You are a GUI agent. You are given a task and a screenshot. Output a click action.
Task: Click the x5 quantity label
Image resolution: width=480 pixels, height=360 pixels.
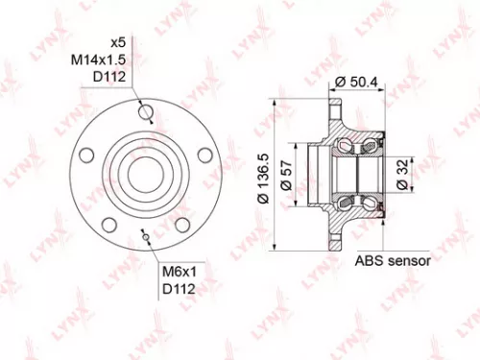[x=118, y=43]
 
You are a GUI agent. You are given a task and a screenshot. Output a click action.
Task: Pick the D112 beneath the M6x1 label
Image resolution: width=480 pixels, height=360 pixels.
[x=176, y=289]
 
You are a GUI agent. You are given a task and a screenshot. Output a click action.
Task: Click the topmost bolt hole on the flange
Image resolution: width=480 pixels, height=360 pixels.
[x=146, y=113]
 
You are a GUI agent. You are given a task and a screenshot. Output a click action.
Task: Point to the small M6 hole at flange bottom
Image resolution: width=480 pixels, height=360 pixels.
[x=145, y=233]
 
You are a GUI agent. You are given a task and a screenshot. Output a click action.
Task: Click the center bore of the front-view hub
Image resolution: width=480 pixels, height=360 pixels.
[x=145, y=174]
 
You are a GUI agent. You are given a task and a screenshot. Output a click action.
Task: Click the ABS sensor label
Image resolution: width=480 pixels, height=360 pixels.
[x=393, y=260]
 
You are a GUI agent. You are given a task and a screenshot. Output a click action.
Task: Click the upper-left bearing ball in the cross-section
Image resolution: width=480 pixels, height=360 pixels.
[x=344, y=147]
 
